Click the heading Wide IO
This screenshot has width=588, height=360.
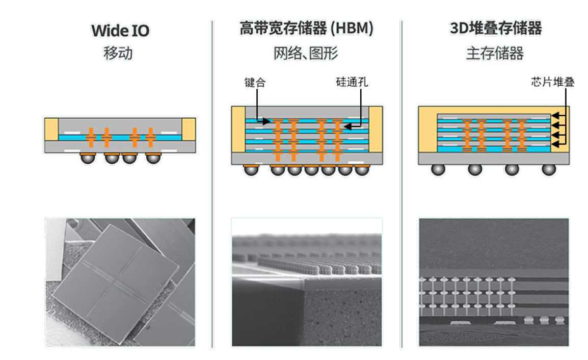pos(120,31)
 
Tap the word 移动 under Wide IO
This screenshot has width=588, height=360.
pos(118,53)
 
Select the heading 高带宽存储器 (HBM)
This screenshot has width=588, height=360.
pos(306,29)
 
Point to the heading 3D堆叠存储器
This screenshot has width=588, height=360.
pos(495,29)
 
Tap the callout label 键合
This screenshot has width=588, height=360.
pos(255,82)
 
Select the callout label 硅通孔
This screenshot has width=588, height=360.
pos(352,82)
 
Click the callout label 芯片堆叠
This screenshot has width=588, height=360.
pos(552,82)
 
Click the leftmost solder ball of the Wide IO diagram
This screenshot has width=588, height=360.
pos(88,158)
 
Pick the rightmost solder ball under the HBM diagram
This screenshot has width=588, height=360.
pos(362,169)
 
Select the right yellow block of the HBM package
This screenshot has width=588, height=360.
pos(376,129)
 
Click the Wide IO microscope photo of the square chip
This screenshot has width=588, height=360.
pos(120,282)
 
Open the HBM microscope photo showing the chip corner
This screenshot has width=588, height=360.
pos(306,282)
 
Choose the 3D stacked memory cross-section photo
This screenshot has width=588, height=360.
pos(493,282)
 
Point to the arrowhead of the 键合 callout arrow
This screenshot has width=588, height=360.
pos(268,121)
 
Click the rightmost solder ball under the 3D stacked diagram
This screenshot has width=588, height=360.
pos(548,169)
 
